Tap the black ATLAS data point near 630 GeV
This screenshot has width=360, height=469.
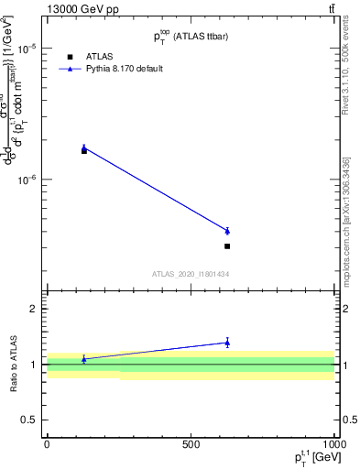(227, 246)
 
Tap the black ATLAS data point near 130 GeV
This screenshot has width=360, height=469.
(84, 150)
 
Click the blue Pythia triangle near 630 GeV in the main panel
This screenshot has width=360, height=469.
(227, 231)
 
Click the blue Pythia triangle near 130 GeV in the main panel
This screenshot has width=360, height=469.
(84, 147)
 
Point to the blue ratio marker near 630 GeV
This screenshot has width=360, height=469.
(227, 343)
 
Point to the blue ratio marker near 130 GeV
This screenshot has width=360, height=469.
(84, 359)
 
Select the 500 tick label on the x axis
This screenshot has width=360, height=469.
(191, 444)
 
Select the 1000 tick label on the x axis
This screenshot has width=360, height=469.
(333, 444)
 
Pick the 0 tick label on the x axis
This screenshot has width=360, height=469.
(47, 444)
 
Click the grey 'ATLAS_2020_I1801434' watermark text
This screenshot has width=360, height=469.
(190, 274)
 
